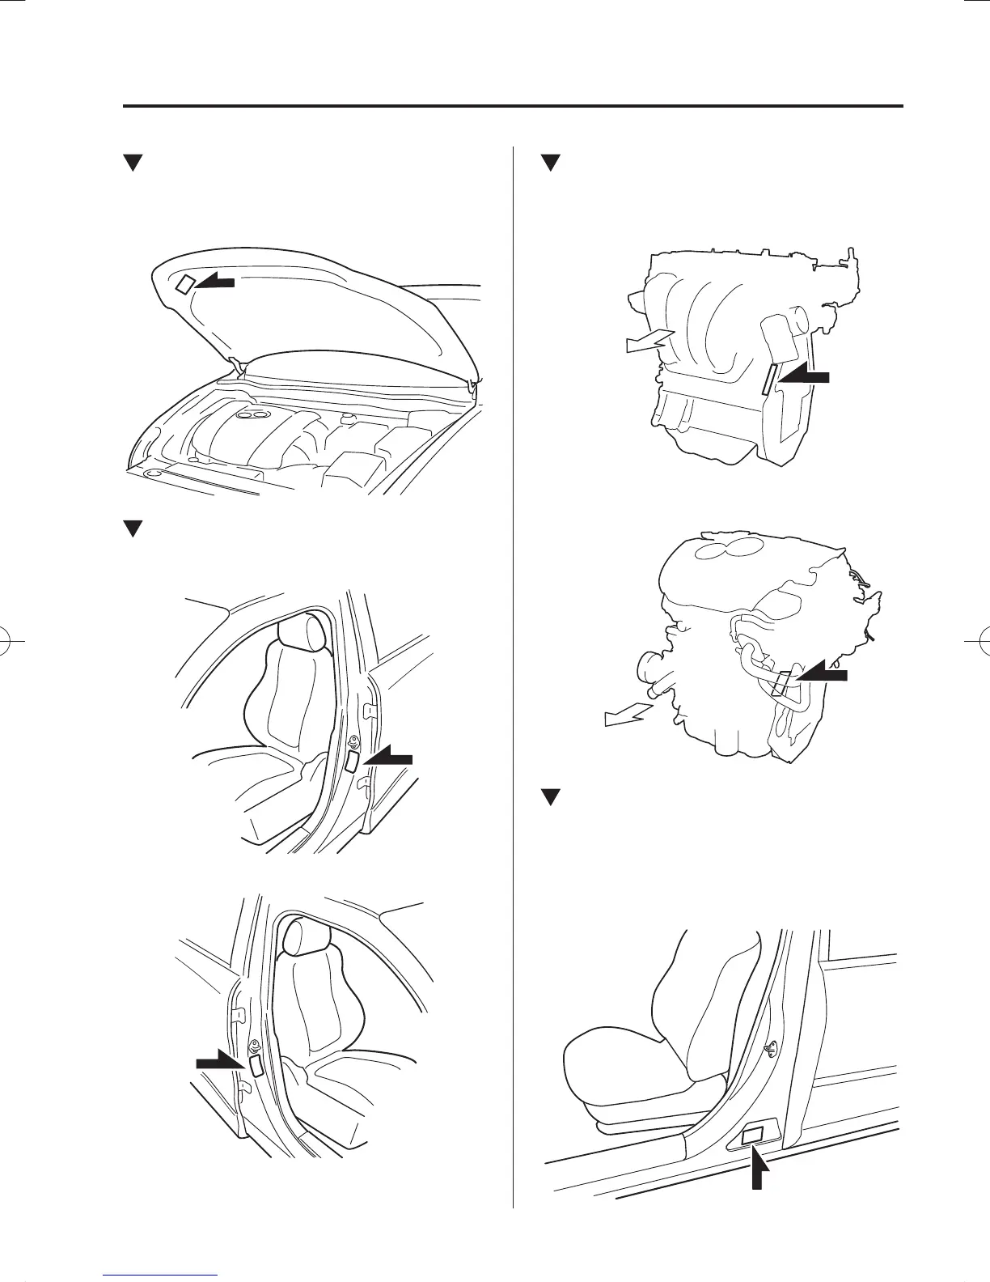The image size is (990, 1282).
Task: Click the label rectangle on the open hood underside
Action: tap(185, 283)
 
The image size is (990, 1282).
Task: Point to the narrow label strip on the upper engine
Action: tap(768, 379)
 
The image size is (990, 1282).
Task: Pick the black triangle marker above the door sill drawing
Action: tap(550, 797)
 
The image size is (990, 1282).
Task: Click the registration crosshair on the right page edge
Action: tap(979, 640)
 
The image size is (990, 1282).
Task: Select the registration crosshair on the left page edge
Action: tap(11, 640)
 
